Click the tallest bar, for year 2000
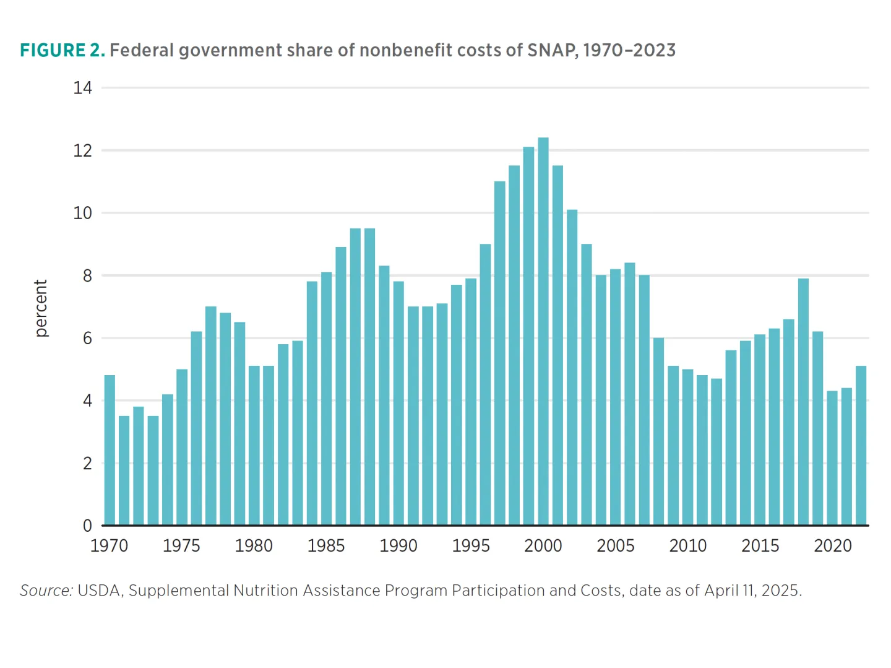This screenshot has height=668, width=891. (543, 331)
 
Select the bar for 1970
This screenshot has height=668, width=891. (110, 450)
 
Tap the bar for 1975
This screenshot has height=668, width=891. (182, 447)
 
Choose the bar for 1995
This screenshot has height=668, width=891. (471, 402)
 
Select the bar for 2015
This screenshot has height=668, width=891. (760, 430)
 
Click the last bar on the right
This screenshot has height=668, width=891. (861, 446)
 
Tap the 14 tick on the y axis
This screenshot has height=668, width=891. (82, 88)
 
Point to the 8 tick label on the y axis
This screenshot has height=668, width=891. (87, 275)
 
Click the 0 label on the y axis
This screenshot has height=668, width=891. (87, 526)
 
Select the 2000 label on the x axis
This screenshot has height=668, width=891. (543, 545)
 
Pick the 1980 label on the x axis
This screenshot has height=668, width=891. (254, 545)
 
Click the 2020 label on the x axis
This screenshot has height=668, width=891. (833, 545)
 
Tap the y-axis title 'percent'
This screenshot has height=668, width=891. (41, 308)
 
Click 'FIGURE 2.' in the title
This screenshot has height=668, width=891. (62, 50)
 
